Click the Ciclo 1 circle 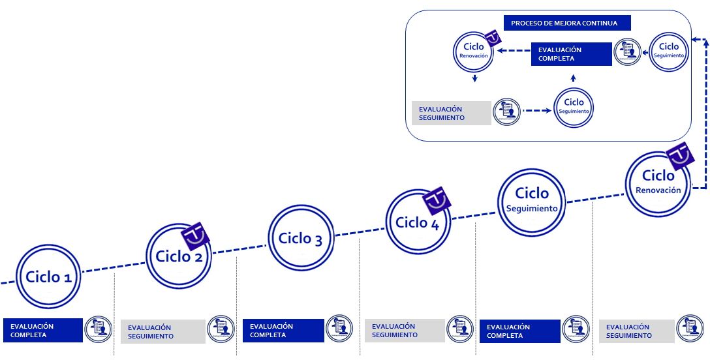coord(48,277)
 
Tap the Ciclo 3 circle coord(300,238)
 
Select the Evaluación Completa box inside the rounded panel coord(570,54)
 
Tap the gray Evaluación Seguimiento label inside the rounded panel coord(451,113)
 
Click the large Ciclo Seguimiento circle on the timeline coord(532,199)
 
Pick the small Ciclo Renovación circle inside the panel coord(474,51)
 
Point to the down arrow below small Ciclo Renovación coord(474,78)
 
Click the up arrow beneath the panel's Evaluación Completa coord(573,78)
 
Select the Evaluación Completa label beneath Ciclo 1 coord(43,330)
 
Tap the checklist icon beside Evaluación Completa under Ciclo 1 coord(99,329)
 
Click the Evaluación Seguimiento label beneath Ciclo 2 coord(162,331)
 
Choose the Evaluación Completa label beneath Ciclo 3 coord(283,330)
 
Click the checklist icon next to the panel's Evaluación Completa coord(627,52)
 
